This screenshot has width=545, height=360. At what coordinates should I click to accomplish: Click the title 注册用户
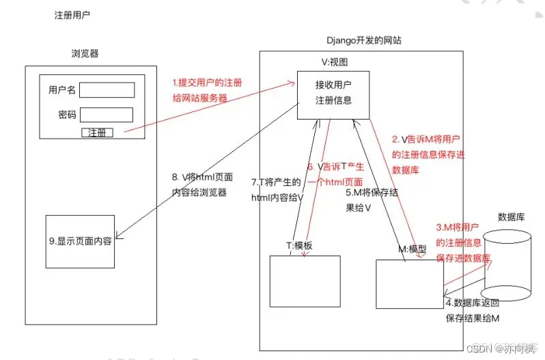pyautogui.click(x=73, y=15)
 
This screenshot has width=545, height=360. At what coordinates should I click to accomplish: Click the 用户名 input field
pyautogui.click(x=107, y=90)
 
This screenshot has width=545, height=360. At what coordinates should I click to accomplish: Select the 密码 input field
pyautogui.click(x=107, y=114)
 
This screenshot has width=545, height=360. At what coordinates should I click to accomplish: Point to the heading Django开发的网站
pyautogui.click(x=364, y=41)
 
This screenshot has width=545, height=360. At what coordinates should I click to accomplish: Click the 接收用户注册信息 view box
pyautogui.click(x=333, y=94)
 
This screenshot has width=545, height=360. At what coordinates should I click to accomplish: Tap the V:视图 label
pyautogui.click(x=334, y=62)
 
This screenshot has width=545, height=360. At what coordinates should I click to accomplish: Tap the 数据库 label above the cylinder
pyautogui.click(x=511, y=217)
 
